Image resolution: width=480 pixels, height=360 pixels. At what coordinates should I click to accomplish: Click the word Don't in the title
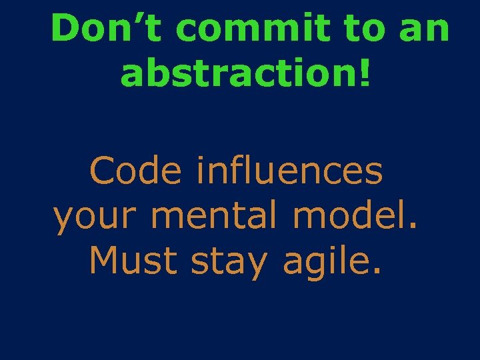pyautogui.click(x=109, y=29)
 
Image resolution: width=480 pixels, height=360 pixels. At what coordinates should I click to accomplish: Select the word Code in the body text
pyautogui.click(x=135, y=171)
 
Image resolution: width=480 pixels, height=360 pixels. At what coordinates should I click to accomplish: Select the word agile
pyautogui.click(x=328, y=261)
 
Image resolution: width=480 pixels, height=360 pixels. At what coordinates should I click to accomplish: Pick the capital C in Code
pyautogui.click(x=103, y=171)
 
